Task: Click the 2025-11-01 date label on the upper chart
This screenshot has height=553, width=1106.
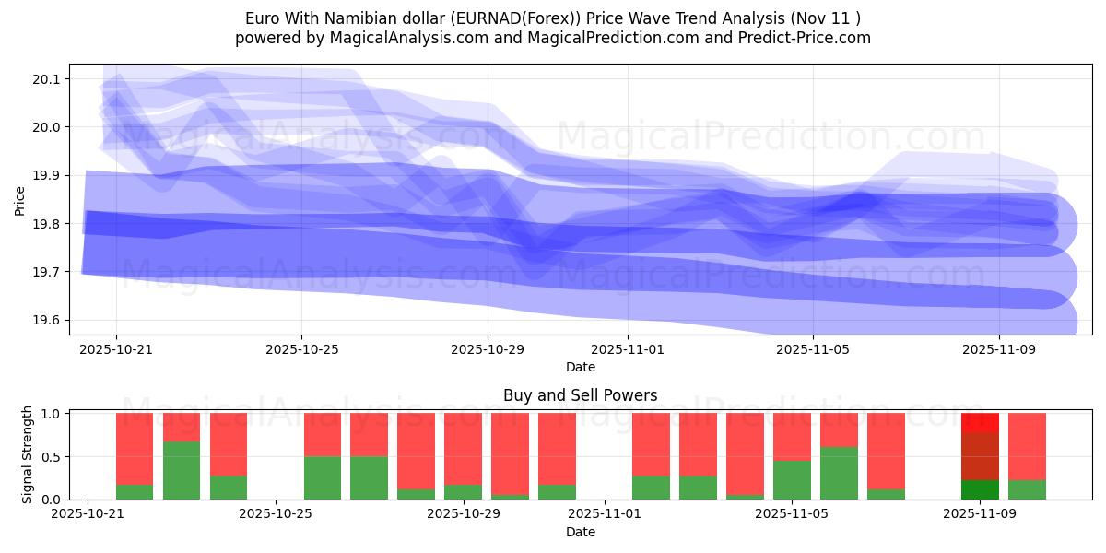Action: [628, 350]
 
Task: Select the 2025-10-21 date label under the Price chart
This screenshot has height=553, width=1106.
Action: [116, 350]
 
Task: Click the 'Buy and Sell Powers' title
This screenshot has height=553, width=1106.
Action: [580, 395]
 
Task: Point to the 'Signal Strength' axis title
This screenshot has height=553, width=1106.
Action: [28, 453]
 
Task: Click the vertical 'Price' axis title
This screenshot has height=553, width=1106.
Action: [20, 199]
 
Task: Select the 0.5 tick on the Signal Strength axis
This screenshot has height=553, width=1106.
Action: [52, 457]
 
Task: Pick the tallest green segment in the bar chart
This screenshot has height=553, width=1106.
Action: [182, 470]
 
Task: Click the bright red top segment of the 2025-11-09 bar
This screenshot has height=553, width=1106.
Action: [980, 423]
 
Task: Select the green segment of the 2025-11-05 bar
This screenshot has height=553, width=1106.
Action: [792, 479]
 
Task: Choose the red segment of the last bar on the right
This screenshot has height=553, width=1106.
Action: [1027, 446]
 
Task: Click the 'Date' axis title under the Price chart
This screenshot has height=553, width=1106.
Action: [580, 367]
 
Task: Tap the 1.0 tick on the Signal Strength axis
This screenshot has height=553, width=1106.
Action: [52, 414]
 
